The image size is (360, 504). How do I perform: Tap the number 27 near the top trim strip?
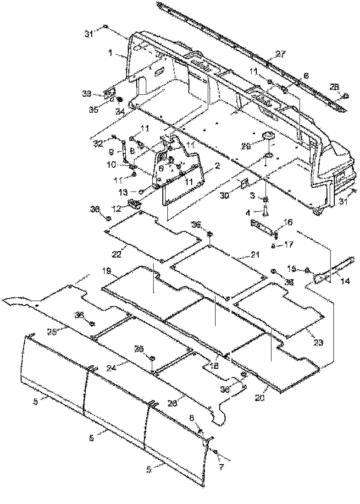pos(280,54)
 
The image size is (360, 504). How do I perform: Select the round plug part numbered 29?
pos(267,137)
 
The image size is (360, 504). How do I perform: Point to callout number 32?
pos(98,143)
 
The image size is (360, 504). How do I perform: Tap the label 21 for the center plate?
pos(255,255)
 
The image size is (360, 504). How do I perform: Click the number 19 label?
pos(107,272)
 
